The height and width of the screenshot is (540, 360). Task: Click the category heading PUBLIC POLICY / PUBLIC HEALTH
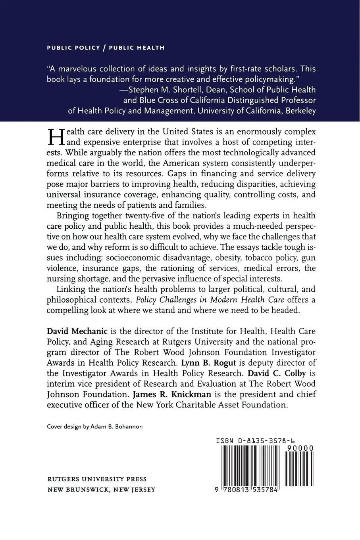pos(106,48)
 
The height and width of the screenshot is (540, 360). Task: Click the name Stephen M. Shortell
pos(166,89)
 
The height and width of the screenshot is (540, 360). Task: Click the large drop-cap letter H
pos(55,137)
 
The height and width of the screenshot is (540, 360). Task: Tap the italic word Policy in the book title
pos(146,299)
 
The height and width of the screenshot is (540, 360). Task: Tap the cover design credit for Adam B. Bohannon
pos(95,426)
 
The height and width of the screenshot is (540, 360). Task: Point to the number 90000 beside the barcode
pos(299,448)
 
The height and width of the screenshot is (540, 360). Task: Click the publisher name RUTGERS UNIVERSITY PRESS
pos(97,479)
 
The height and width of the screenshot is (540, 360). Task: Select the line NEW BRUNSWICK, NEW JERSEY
pos(101,490)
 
